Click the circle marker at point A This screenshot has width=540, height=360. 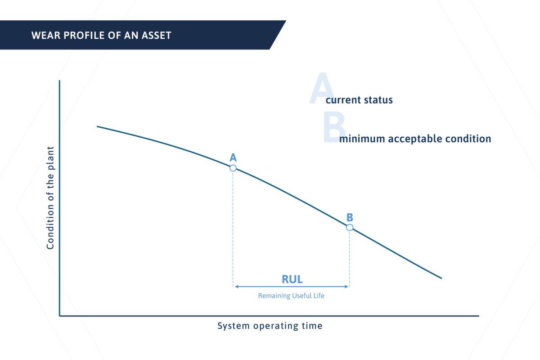(233, 168)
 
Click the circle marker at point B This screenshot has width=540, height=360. (350, 227)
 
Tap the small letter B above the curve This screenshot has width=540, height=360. (350, 217)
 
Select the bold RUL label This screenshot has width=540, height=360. (292, 279)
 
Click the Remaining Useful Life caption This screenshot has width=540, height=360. (291, 296)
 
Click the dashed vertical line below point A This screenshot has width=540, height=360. (233, 225)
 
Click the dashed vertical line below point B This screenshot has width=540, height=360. (350, 256)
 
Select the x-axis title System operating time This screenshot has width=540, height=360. (270, 326)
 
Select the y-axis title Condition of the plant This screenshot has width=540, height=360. (50, 198)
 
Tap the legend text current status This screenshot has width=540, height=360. (359, 100)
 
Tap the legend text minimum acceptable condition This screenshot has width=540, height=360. (415, 139)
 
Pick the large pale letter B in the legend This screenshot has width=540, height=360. (334, 128)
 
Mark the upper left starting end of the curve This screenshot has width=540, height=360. (98, 126)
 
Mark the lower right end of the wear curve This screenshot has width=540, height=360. (441, 278)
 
